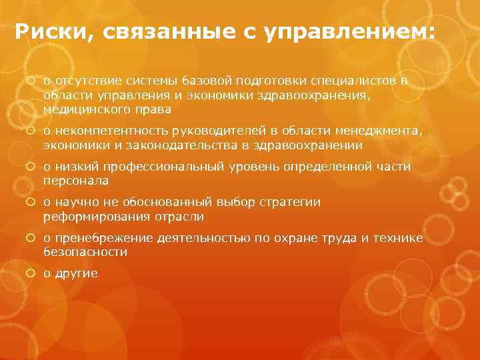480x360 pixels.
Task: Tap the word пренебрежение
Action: [x=99, y=239]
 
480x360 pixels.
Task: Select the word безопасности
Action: [x=85, y=253]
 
